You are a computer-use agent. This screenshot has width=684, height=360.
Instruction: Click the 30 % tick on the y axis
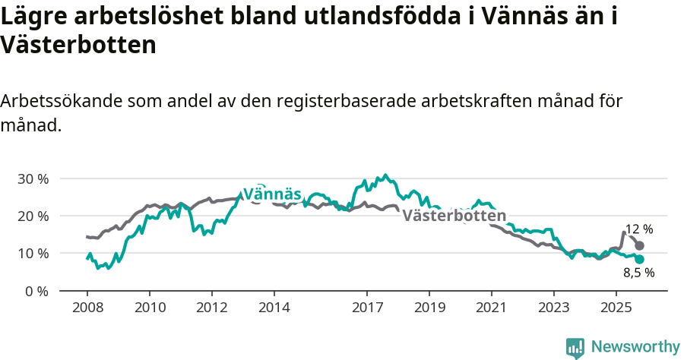click(x=33, y=179)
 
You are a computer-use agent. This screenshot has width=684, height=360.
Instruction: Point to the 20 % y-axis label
click(x=33, y=216)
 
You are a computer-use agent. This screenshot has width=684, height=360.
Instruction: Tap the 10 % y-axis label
click(x=33, y=254)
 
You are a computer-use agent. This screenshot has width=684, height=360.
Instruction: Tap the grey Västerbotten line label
click(x=454, y=216)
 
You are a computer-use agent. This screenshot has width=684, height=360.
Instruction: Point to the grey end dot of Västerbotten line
click(x=640, y=246)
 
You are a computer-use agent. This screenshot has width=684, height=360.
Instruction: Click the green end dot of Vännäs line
click(x=640, y=259)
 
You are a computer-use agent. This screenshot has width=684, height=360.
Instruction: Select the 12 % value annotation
click(x=638, y=229)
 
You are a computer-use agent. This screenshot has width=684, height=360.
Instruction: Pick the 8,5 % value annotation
click(x=638, y=273)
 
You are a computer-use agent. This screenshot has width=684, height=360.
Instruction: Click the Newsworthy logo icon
click(x=575, y=348)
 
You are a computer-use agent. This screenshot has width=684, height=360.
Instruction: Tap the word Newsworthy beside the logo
click(x=635, y=347)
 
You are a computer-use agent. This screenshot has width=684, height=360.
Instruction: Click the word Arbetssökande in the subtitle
click(x=58, y=102)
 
